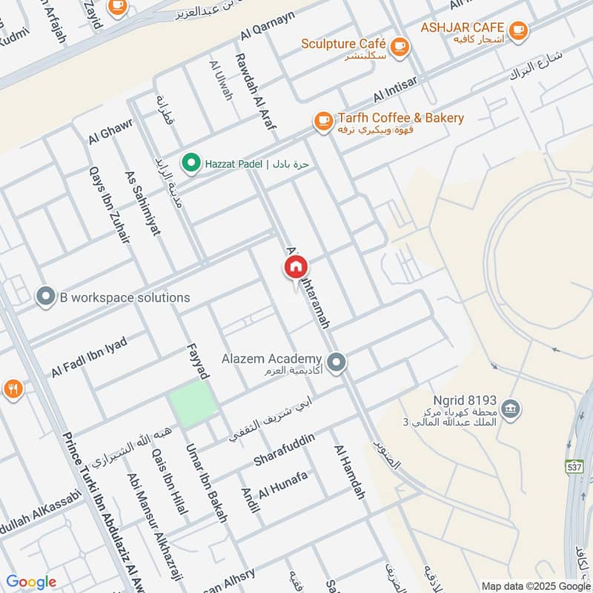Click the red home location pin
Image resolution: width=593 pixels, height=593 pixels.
coord(294,268)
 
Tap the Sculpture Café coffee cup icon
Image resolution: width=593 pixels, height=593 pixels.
coord(400,45)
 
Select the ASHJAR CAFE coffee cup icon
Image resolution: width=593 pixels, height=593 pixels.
coord(517,30)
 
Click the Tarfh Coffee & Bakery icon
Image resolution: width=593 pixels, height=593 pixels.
coord(323,122)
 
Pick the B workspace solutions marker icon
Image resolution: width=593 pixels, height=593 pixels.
coord(46,297)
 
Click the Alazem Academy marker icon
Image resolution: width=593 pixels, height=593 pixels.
coord(337,362)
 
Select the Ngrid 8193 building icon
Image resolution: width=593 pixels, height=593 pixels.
coord(510,407)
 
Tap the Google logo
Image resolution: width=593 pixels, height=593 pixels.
coord(31,582)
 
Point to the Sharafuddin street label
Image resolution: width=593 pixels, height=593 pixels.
coord(285,450)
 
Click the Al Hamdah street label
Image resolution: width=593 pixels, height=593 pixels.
coord(350,471)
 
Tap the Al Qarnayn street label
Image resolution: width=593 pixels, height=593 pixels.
coord(268,25)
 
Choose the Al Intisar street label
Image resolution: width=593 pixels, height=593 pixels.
coord(397,89)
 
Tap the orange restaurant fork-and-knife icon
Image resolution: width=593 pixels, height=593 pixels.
coord(12,389)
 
